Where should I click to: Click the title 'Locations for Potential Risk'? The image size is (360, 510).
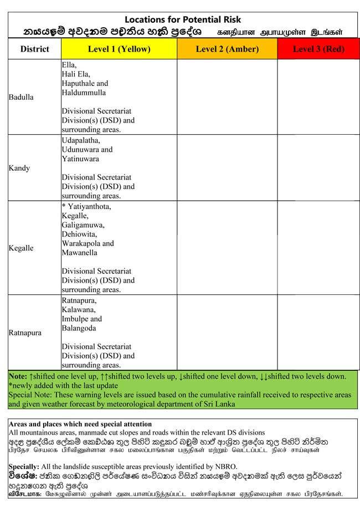(183, 19)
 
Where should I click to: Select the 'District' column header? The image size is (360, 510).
(34, 49)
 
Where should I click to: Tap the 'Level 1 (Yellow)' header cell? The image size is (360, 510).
(119, 49)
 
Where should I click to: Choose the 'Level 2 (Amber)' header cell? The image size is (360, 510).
(227, 49)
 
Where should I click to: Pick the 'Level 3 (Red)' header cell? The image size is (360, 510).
(318, 49)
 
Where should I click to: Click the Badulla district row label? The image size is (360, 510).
(21, 97)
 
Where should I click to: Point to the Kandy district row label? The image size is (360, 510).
(19, 168)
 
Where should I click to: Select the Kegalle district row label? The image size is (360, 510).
(21, 248)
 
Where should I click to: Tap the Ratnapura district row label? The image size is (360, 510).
(25, 333)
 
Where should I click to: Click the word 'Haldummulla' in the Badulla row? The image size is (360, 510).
(84, 92)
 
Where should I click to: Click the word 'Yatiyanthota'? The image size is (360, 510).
(89, 207)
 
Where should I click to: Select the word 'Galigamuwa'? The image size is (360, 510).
(83, 225)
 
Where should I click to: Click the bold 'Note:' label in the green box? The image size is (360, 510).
(18, 376)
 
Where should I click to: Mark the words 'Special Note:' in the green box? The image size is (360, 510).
(30, 395)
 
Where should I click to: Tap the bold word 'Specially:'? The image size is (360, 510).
(24, 467)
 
